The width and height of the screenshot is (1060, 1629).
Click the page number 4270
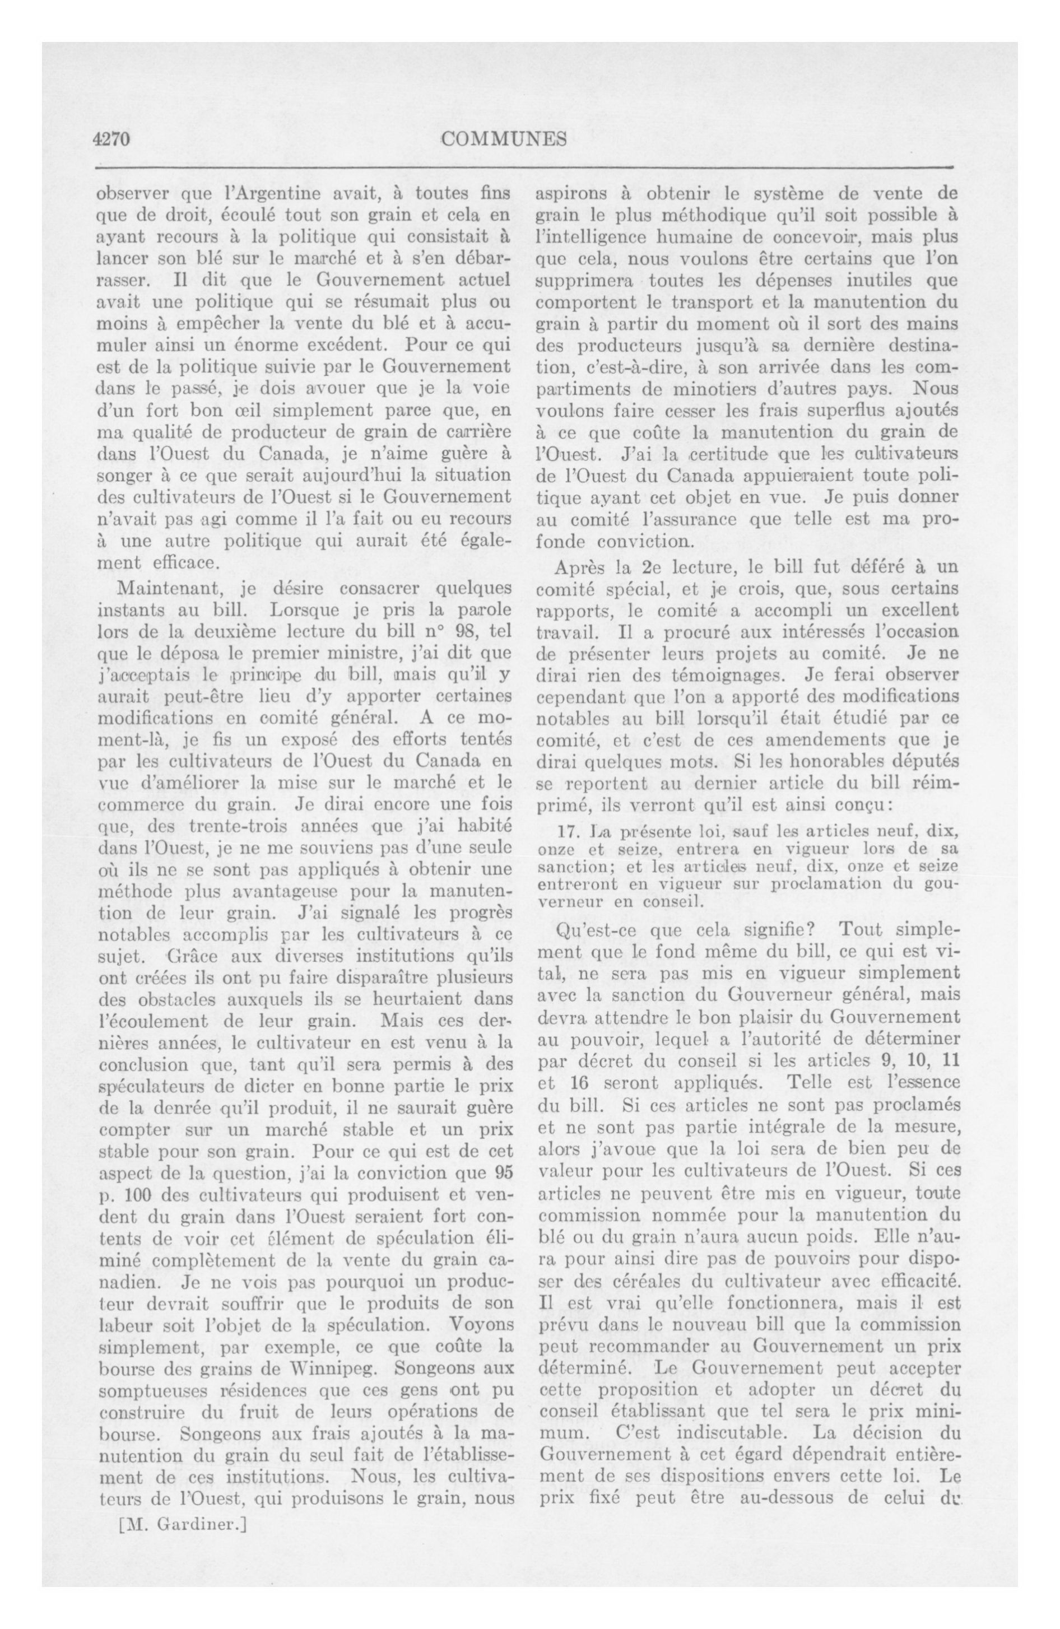[111, 140]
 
